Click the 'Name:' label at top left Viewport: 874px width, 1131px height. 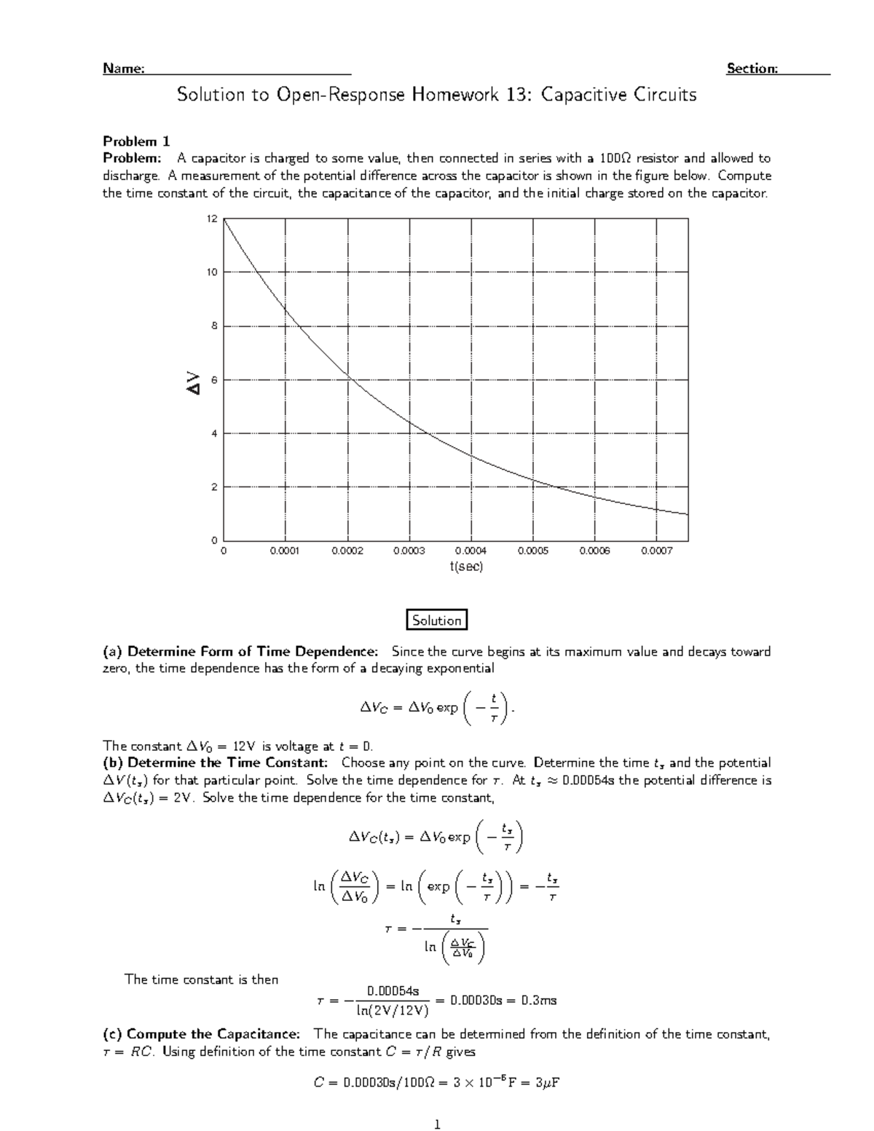[123, 69]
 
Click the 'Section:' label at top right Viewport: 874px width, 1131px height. [752, 69]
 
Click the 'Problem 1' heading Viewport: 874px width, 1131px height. [136, 141]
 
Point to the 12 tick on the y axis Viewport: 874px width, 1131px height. [212, 218]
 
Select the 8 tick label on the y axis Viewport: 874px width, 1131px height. [214, 326]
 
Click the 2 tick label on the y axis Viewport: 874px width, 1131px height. [214, 487]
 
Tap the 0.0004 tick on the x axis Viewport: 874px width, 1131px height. [471, 552]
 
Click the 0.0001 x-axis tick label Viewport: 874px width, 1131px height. [285, 552]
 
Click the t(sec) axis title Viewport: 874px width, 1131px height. [466, 567]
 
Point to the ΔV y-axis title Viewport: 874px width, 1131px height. [193, 382]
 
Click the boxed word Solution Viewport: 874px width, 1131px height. [436, 620]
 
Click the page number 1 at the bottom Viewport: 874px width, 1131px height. [437, 1124]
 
